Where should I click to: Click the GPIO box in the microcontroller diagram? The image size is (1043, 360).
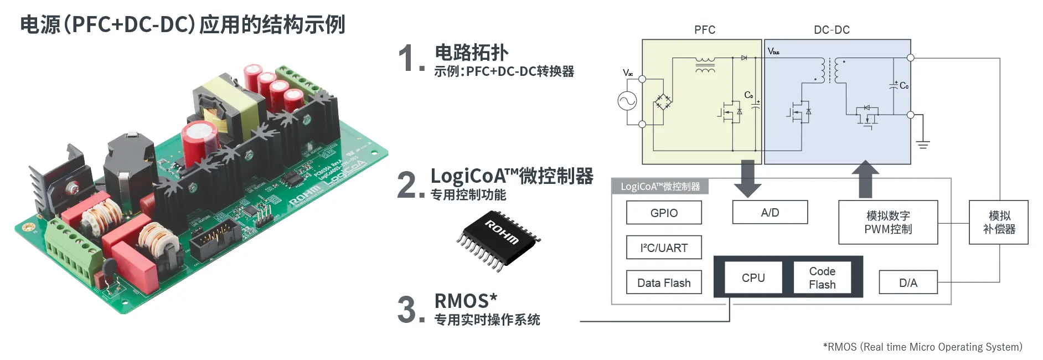[664, 213]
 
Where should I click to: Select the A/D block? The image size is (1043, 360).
[770, 212]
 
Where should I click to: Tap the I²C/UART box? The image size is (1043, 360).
[664, 248]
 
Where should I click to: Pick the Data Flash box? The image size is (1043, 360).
[664, 282]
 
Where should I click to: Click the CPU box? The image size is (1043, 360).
[753, 277]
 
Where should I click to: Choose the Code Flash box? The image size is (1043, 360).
[822, 277]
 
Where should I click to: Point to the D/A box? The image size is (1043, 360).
[908, 282]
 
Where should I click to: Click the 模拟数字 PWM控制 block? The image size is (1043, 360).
[888, 222]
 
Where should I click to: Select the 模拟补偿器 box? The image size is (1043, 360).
[999, 222]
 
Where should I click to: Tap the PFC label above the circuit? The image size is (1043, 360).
[705, 30]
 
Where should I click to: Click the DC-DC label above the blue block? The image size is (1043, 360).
[832, 30]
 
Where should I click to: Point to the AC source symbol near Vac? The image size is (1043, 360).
[627, 101]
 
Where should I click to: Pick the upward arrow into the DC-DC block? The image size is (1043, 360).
[865, 179]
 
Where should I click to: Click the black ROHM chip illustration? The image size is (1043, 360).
[498, 240]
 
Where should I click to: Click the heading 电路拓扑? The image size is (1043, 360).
[471, 53]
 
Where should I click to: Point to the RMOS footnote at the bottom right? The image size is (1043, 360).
[922, 347]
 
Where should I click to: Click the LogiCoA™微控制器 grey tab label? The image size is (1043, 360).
[660, 187]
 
